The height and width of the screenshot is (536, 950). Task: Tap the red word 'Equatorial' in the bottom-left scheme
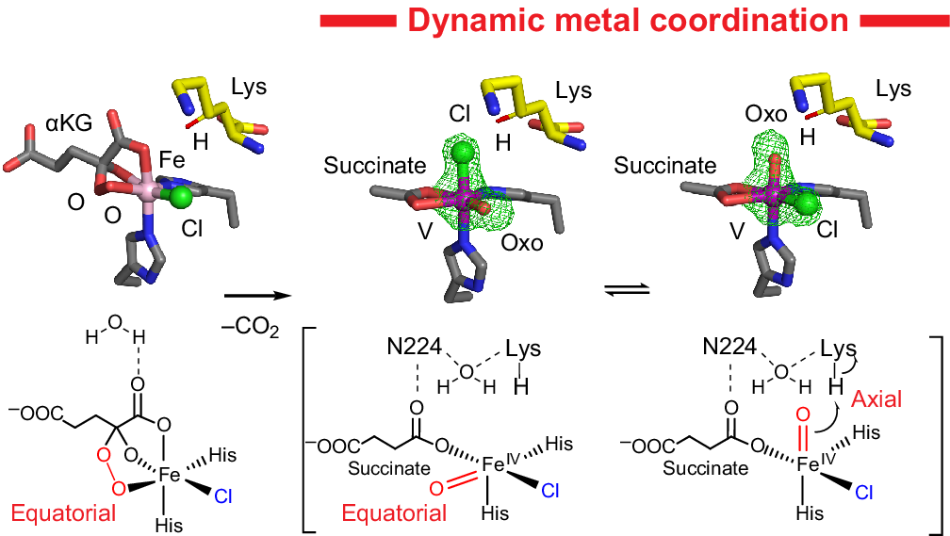click(63, 512)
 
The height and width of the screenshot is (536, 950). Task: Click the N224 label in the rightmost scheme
click(727, 348)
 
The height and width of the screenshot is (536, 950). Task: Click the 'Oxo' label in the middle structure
click(523, 243)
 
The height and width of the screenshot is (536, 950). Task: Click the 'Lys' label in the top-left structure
click(249, 88)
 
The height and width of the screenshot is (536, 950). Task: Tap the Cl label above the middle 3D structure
click(459, 114)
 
